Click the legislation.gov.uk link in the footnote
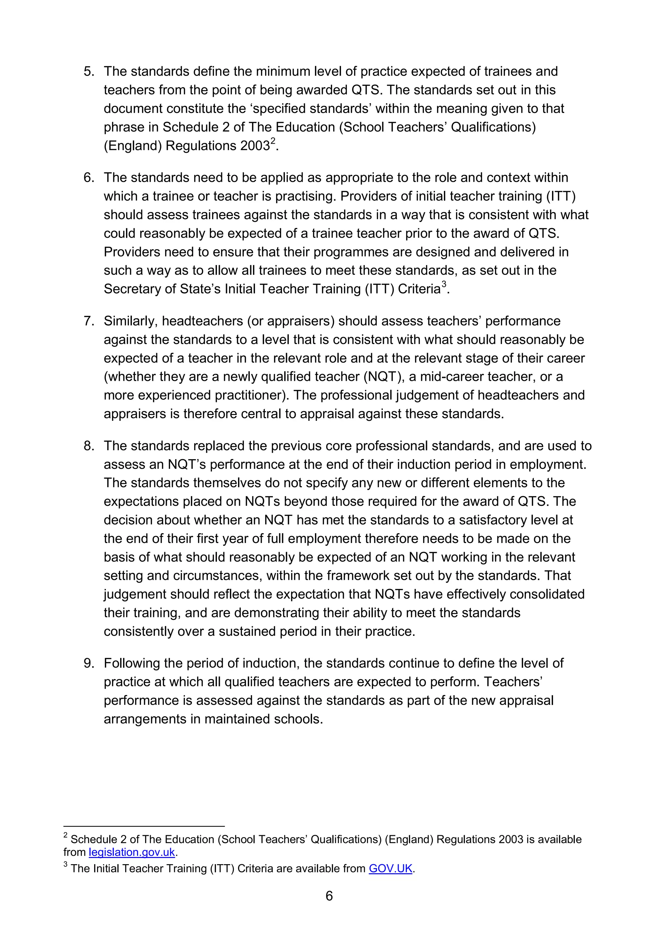132,852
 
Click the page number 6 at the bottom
329,896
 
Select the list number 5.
89,71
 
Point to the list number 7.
89,321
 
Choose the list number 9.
89,663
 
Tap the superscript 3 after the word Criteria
444,284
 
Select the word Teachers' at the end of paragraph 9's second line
513,682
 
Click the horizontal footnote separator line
144,826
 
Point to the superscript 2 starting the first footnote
65,835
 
